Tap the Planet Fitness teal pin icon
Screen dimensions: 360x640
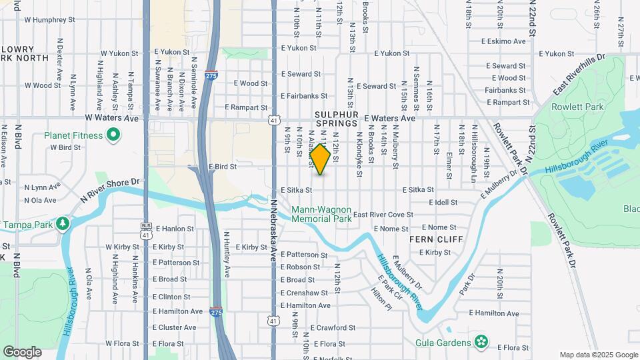point(113,135)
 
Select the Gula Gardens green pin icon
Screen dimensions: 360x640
point(482,343)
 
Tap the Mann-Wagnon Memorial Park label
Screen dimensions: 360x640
point(321,214)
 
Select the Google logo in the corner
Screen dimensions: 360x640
point(22,351)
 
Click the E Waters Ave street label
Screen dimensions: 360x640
point(389,118)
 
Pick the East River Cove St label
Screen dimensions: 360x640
point(383,215)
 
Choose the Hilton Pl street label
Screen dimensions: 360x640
point(382,299)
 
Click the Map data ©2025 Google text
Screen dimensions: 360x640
point(598,355)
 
